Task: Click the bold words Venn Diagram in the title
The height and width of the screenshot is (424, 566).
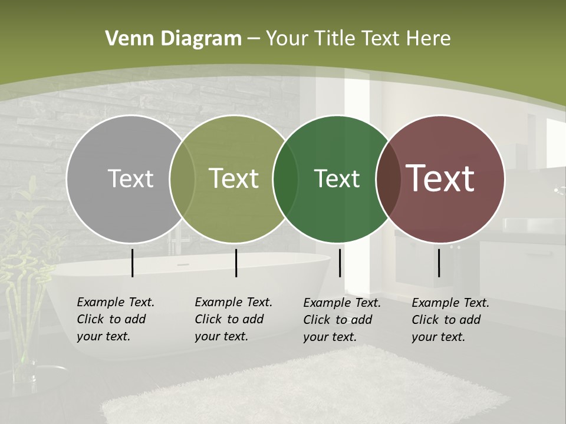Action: tap(173, 39)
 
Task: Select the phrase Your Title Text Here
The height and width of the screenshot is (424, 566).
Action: tap(358, 39)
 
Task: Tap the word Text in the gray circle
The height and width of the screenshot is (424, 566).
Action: tap(130, 178)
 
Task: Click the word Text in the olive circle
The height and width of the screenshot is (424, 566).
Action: tap(234, 178)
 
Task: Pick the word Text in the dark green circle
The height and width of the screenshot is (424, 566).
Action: tap(337, 178)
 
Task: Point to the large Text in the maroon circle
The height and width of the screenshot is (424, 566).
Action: tap(440, 178)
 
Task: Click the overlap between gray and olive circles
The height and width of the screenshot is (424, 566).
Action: tap(182, 178)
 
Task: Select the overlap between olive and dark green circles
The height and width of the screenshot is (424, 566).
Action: tap(285, 178)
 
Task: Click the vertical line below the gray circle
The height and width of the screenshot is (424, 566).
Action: tap(132, 263)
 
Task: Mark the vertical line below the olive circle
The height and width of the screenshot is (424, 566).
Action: tap(236, 263)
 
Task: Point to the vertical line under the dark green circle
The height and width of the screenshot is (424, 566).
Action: tap(340, 263)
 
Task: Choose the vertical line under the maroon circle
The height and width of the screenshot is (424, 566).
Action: tap(439, 263)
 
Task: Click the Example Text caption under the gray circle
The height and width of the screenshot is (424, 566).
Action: tap(116, 319)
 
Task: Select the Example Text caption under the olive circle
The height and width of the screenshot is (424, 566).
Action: tap(233, 319)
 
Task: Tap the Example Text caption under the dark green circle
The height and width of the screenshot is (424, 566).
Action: tap(342, 320)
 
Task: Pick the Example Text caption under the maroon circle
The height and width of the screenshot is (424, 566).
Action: tap(450, 320)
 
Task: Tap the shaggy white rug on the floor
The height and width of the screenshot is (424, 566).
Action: tap(307, 389)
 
